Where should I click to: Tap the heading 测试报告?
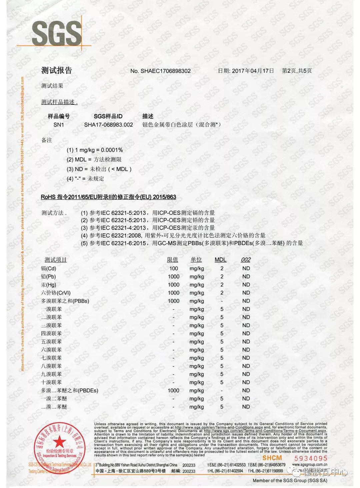[56, 70]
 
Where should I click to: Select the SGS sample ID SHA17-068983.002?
[108, 125]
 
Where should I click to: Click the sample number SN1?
[58, 125]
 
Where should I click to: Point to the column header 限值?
[172, 260]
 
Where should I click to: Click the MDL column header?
[220, 260]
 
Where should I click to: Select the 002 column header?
[246, 260]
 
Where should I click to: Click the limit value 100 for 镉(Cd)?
[174, 268]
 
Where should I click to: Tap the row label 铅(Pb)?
[48, 276]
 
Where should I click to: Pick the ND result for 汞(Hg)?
[246, 284]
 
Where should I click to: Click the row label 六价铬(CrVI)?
[56, 293]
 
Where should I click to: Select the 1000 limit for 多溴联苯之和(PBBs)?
[174, 301]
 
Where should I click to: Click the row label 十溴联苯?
[51, 382]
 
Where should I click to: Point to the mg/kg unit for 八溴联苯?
[197, 366]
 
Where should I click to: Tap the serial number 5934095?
[310, 458]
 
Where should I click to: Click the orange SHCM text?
[272, 458]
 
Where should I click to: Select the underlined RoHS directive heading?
[108, 197]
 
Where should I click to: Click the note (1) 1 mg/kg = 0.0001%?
[95, 150]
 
